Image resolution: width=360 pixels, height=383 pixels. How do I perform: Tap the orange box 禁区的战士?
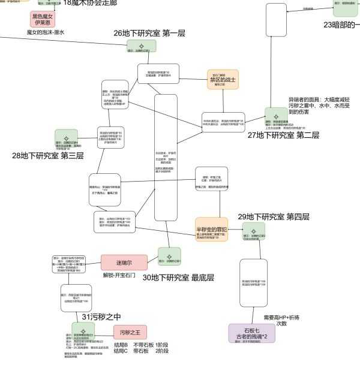223,80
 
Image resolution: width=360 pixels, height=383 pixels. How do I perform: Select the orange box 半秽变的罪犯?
212,229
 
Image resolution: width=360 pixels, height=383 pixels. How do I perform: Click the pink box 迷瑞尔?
124,263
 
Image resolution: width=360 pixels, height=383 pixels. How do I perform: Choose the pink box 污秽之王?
130,332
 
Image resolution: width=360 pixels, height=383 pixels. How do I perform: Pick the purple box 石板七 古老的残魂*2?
251,333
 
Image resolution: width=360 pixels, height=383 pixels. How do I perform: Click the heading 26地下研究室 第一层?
149,34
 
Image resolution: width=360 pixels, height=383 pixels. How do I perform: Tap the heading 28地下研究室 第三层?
47,156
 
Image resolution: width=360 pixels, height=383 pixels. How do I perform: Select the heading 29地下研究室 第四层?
274,216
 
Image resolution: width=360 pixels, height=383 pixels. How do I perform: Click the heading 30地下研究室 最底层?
178,278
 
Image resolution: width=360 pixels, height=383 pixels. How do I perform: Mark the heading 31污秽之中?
101,316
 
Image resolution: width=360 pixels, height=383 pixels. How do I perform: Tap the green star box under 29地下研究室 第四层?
253,230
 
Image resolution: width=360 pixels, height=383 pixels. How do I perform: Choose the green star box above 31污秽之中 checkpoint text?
83,330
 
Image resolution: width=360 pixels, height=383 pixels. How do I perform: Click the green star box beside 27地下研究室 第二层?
276,114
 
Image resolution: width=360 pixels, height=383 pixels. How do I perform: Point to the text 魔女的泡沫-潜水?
46,32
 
